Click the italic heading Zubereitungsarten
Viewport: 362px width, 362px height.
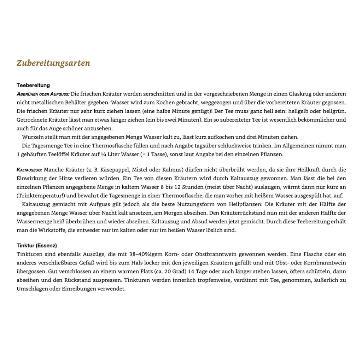(x=53, y=63)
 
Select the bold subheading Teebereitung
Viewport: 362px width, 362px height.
(x=33, y=85)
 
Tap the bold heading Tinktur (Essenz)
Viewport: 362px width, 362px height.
(x=37, y=245)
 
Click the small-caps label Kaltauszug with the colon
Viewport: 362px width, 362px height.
(x=29, y=170)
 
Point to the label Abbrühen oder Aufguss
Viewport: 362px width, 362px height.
(x=43, y=94)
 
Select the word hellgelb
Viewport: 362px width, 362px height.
(x=302, y=111)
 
